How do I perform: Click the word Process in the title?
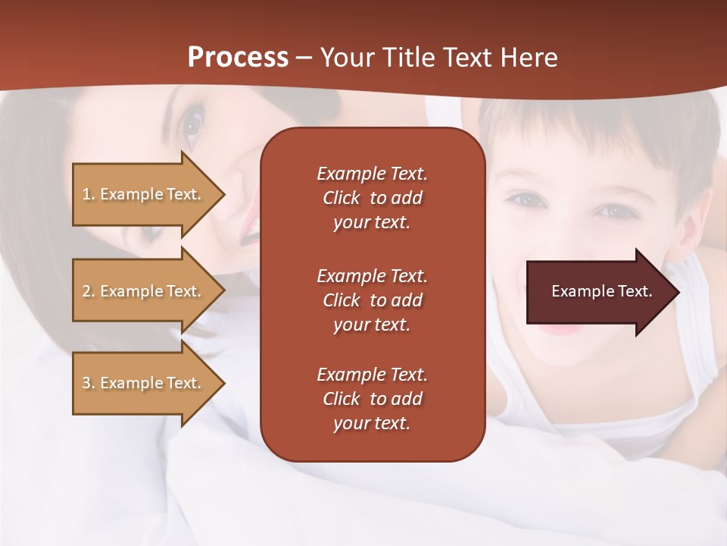point(238,58)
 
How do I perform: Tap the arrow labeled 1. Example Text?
point(144,194)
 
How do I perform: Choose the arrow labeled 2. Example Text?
point(144,291)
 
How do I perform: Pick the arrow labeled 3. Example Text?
point(144,383)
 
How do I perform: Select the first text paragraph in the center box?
point(372,198)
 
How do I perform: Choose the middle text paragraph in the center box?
point(372,300)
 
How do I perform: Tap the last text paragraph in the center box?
point(372,399)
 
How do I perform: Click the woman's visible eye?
point(192,124)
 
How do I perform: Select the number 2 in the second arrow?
point(86,291)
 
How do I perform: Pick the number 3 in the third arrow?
point(86,383)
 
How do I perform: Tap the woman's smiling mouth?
point(249,224)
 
